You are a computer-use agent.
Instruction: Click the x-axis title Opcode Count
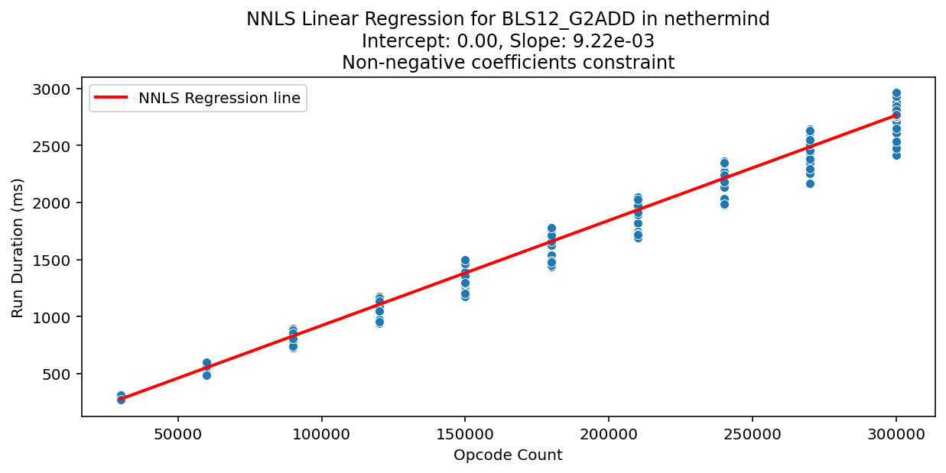[508, 455]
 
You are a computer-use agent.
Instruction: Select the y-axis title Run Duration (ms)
[18, 248]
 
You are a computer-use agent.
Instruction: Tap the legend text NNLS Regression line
[219, 98]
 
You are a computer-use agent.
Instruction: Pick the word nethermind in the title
[723, 19]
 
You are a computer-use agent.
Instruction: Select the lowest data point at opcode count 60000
[206, 375]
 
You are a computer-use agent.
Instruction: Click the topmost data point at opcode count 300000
[896, 93]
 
